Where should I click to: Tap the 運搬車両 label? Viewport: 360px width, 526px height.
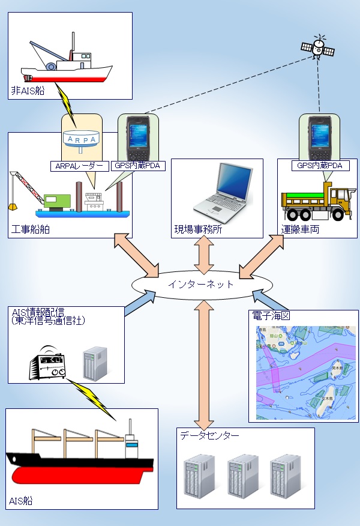coord(298,229)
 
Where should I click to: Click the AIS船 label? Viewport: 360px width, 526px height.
coord(21,501)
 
